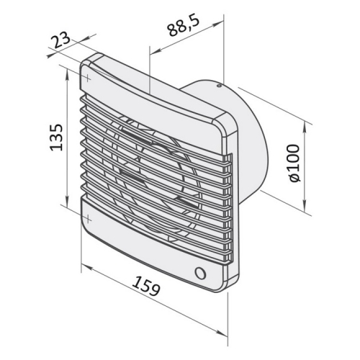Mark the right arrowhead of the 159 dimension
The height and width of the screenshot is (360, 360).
(225, 310)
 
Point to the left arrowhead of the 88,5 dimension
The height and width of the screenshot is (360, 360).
(150, 50)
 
